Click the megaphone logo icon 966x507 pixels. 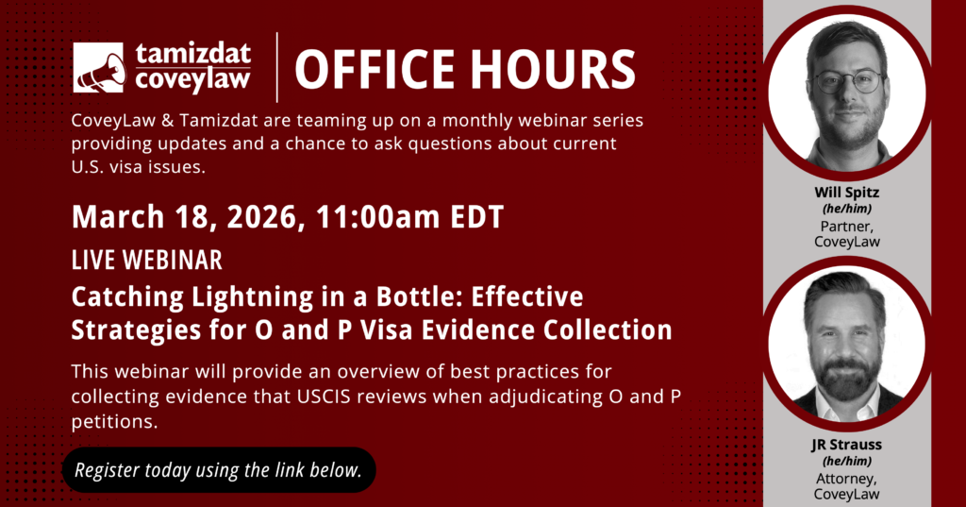pos(98,68)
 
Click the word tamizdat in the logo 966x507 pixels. pos(193,55)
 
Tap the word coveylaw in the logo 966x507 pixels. pos(192,80)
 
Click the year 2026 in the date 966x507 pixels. pos(266,216)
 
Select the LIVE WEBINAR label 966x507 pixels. pos(146,261)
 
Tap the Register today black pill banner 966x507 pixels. pos(219,470)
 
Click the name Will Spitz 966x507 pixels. pos(846,193)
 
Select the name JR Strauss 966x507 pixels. pos(846,445)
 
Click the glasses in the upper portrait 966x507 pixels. pos(848,82)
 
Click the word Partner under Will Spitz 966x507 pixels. pos(846,227)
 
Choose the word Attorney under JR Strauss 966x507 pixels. pos(846,479)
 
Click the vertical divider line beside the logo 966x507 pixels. pos(276,67)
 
